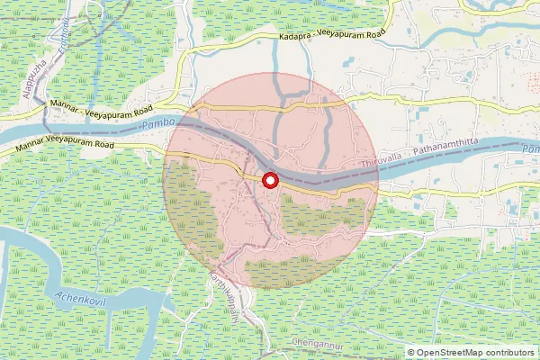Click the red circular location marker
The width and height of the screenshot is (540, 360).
click(268, 181)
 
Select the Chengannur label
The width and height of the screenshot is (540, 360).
click(318, 345)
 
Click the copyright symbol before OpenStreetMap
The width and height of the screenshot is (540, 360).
click(412, 352)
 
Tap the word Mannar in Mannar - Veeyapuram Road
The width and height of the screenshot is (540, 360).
click(66, 104)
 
